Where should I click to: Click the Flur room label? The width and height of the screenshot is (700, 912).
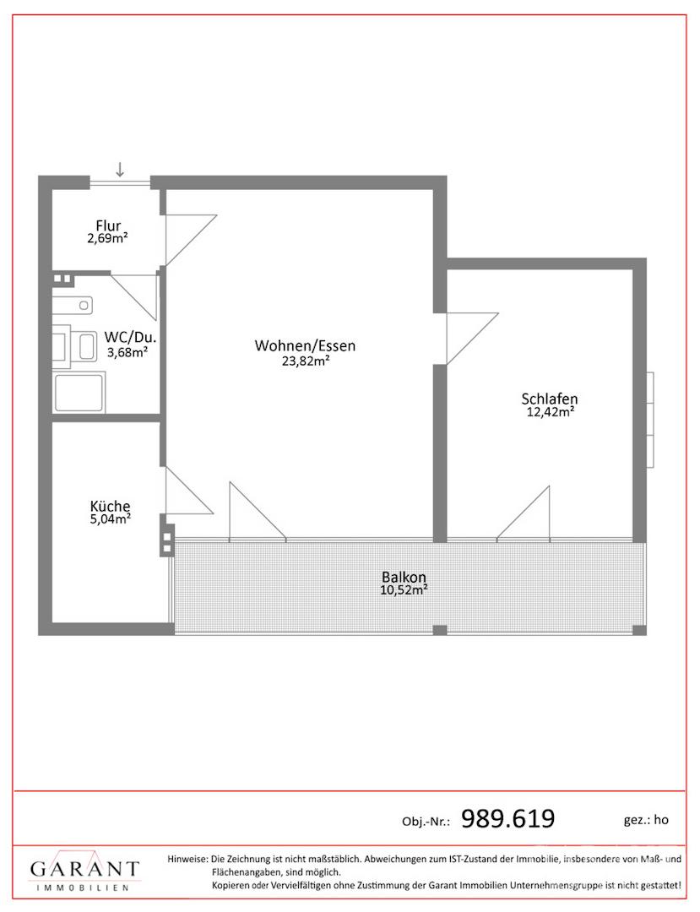click(108, 225)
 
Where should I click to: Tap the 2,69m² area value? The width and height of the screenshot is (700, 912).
click(107, 238)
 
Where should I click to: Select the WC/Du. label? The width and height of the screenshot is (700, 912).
click(130, 337)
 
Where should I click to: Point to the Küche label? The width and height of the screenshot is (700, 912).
click(110, 506)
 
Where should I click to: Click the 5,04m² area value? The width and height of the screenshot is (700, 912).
click(110, 518)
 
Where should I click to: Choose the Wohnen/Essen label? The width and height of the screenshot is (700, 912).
click(305, 346)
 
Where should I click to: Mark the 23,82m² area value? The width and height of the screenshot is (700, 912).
click(306, 361)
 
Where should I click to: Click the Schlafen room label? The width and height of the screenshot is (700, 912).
click(550, 399)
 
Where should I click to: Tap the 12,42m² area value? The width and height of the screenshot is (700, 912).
click(551, 412)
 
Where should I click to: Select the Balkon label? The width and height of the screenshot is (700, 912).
click(404, 577)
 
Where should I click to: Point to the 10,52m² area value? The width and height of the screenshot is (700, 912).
click(404, 589)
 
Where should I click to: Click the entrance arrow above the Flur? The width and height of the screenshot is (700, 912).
click(120, 169)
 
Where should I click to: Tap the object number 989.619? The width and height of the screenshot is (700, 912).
click(507, 819)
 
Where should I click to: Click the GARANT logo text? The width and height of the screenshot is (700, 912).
click(85, 870)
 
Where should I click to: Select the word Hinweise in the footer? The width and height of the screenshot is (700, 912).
click(187, 859)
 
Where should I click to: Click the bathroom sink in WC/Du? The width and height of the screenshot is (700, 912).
click(73, 305)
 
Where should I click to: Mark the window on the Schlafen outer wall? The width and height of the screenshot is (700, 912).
click(650, 418)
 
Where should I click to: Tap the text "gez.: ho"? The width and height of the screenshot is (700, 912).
click(646, 820)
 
